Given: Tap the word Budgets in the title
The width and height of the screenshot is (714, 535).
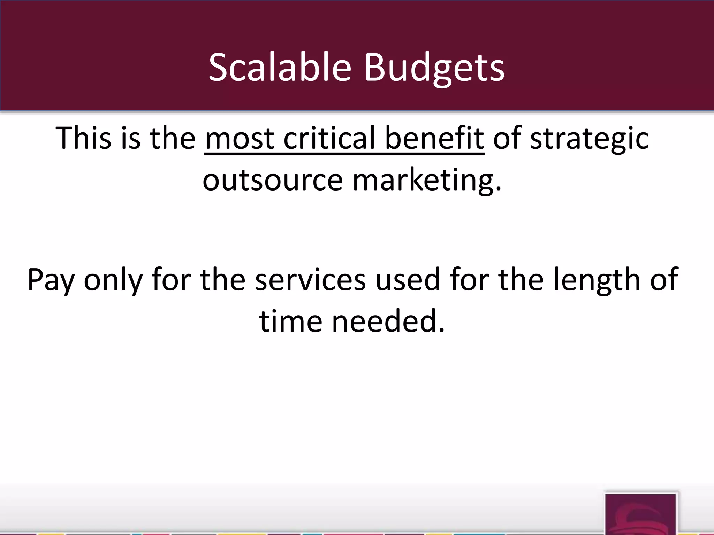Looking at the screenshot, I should (434, 68).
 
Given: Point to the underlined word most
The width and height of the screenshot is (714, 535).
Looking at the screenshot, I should (240, 139).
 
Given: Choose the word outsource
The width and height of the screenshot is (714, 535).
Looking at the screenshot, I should (273, 180).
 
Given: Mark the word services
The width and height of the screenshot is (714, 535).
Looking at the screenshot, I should (310, 279).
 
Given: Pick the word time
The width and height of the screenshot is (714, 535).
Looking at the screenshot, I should (291, 320).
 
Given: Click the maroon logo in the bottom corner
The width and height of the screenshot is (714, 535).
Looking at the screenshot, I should (641, 513).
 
